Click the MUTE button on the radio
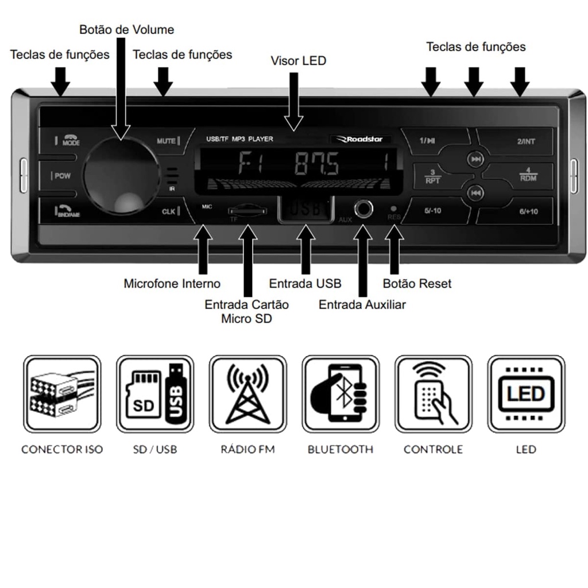click(168, 141)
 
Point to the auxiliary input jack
click(363, 209)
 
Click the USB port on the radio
click(306, 210)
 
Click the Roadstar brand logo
click(360, 139)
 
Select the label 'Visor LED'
click(298, 61)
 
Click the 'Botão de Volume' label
click(126, 29)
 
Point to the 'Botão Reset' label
click(417, 284)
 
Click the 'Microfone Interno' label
click(172, 284)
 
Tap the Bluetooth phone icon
click(341, 394)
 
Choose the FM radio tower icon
click(247, 394)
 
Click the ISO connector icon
click(62, 394)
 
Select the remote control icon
click(434, 394)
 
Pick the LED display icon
click(526, 394)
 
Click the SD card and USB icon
click(155, 394)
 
